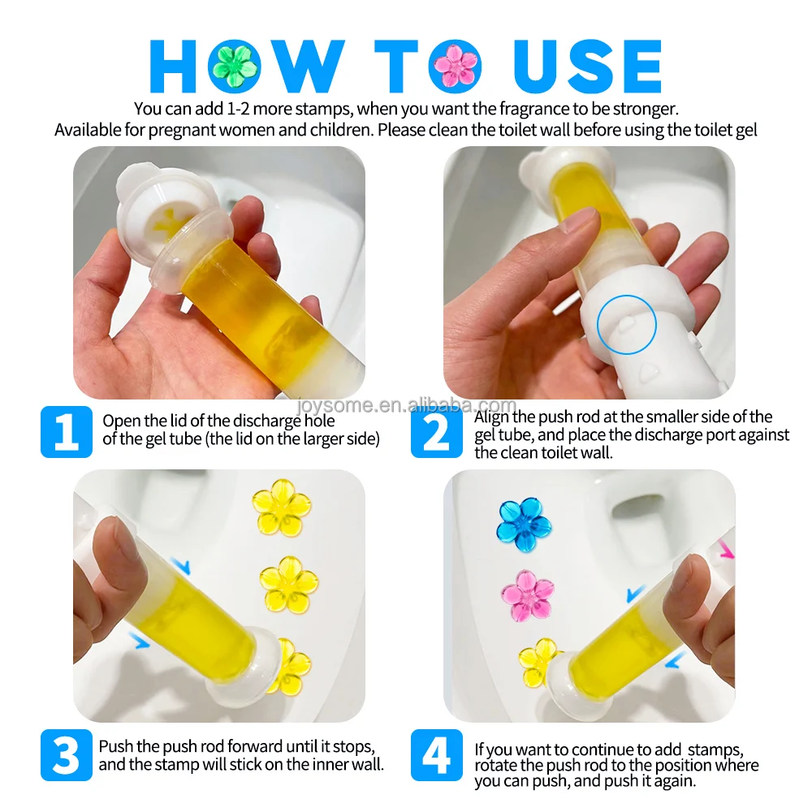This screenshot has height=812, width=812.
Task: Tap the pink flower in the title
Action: (x=455, y=67)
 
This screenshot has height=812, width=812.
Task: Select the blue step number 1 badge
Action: (x=67, y=432)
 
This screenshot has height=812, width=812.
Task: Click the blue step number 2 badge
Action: (x=437, y=432)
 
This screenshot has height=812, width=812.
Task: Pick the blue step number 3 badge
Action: (x=67, y=755)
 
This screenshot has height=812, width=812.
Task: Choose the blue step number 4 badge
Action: (x=437, y=755)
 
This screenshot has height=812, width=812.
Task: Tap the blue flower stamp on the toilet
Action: (x=524, y=524)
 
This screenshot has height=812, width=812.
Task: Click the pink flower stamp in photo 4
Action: (x=527, y=595)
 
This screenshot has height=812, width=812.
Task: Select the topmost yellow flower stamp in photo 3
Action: (x=281, y=508)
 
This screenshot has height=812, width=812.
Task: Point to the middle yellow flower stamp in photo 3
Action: (x=288, y=585)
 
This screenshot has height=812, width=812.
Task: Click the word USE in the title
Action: (x=588, y=67)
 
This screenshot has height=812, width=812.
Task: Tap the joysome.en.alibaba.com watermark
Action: (x=407, y=405)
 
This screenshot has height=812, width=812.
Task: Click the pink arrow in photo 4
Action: (x=727, y=550)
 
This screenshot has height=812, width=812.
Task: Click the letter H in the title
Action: (x=173, y=67)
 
